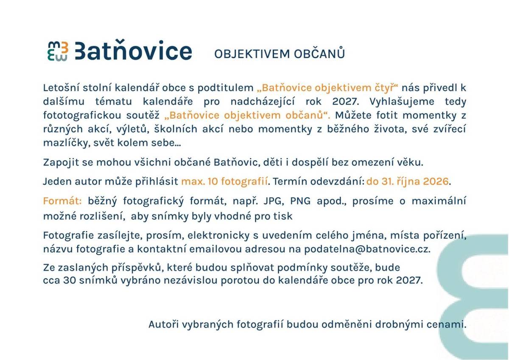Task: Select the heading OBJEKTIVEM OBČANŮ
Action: (x=279, y=54)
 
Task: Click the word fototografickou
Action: (x=78, y=115)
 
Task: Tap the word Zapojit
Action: (x=58, y=162)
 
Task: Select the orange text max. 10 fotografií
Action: (x=225, y=182)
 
